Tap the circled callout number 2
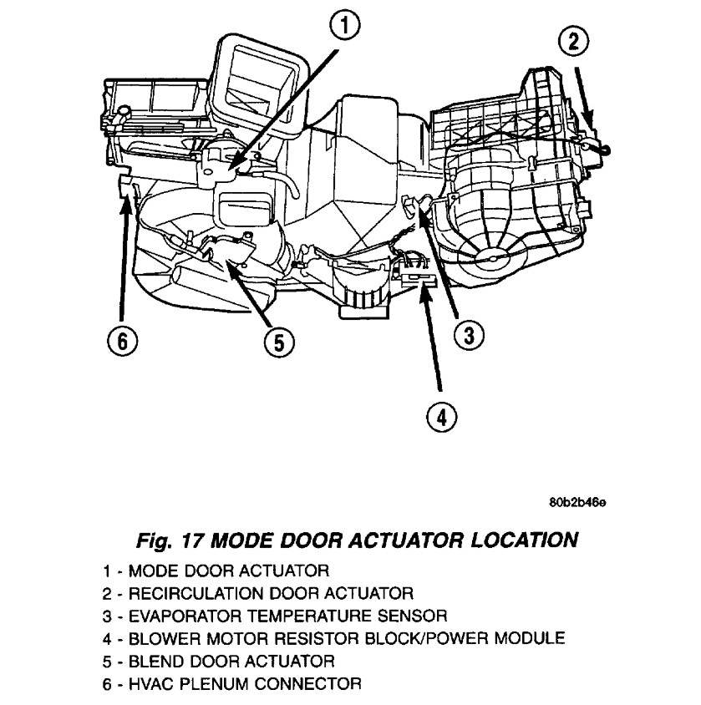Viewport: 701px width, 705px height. pos(576,41)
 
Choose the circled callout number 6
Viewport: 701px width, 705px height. pos(122,341)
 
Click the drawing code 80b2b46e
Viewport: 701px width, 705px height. pos(577,503)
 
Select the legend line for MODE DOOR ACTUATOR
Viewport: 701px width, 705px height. pos(216,571)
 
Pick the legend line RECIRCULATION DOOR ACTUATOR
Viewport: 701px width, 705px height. pos(258,594)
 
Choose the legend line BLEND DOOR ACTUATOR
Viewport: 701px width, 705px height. pos(219,662)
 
